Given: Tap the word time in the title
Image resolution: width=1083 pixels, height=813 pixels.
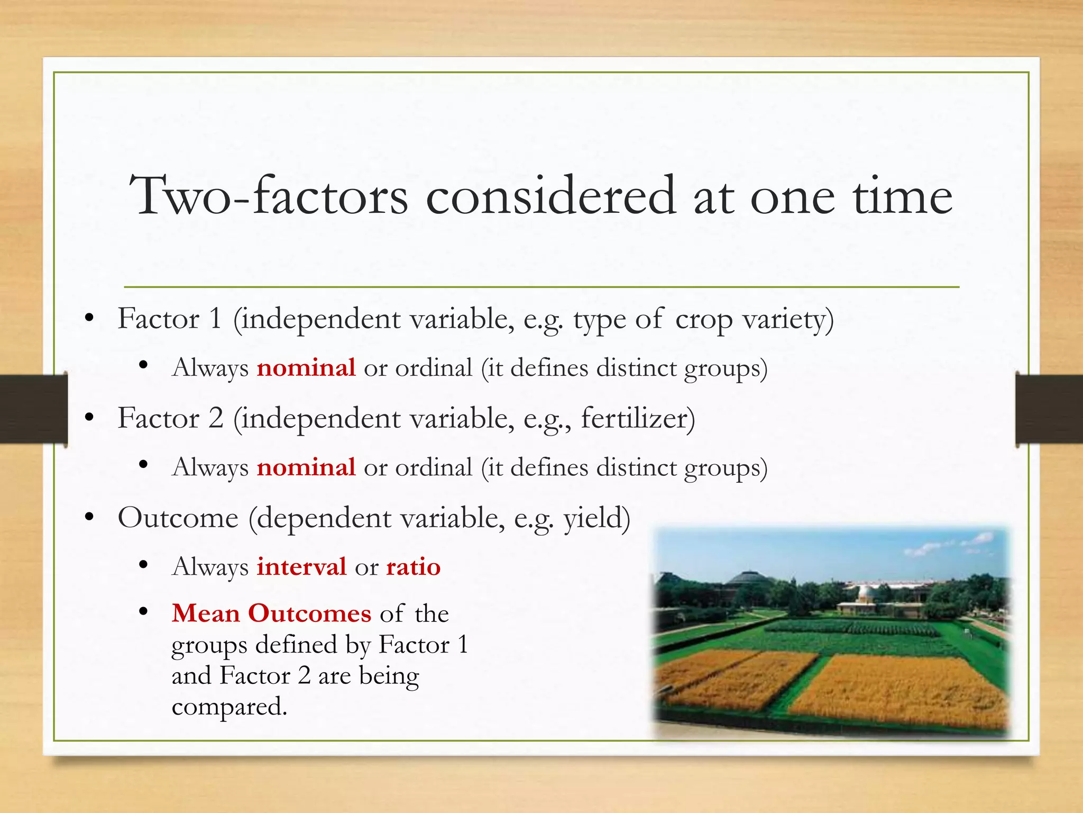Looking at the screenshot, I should (x=902, y=196).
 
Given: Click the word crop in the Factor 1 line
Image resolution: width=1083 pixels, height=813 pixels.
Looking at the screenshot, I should (x=704, y=320).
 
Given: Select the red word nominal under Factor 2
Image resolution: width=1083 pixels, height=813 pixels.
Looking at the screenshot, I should (x=306, y=467).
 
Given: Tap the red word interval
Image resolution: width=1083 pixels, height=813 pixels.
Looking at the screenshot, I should (x=301, y=567).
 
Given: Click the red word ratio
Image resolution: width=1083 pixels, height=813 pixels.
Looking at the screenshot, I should (x=413, y=567).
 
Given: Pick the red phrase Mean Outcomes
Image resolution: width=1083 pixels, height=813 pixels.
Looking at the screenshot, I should (x=271, y=613).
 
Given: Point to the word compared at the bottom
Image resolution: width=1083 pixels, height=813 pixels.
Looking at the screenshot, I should (x=229, y=707).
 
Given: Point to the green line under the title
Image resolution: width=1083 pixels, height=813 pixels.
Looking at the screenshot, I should (x=541, y=287).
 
